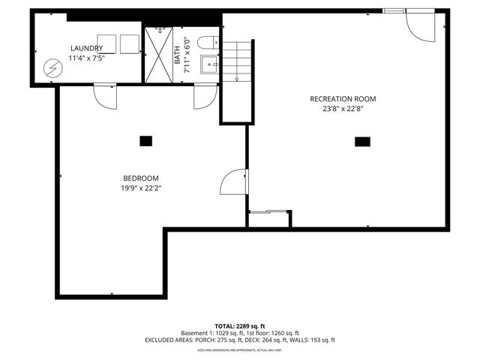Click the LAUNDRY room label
[x=85, y=48]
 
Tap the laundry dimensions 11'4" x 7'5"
[x=85, y=58]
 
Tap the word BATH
[x=178, y=57]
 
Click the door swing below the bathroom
[x=204, y=97]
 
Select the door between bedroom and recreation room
[x=234, y=182]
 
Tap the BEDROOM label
[x=142, y=178]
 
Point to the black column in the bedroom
[x=145, y=140]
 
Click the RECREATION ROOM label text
[x=343, y=98]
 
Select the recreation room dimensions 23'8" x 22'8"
[x=343, y=108]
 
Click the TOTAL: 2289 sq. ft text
[x=240, y=326]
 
